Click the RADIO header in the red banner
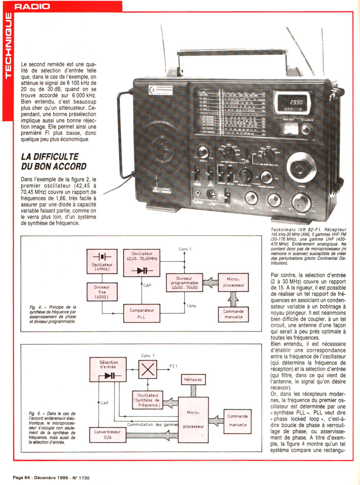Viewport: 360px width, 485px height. (x=32, y=6)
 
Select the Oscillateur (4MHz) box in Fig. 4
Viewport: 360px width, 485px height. (x=102, y=261)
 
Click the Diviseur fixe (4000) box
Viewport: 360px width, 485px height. (x=102, y=292)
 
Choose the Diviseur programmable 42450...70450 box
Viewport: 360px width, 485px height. (x=184, y=283)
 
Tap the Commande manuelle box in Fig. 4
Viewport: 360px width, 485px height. (x=233, y=314)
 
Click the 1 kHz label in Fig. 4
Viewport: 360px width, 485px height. (x=191, y=306)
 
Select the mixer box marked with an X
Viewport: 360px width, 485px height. (x=147, y=369)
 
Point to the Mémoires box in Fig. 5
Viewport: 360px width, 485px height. (x=193, y=380)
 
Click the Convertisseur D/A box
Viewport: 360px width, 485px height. (x=107, y=434)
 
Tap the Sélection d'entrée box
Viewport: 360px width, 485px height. (x=108, y=369)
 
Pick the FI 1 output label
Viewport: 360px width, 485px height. (x=173, y=366)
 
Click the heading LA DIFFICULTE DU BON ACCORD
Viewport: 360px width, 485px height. (x=53, y=161)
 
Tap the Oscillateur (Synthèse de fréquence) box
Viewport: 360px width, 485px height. (x=148, y=400)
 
